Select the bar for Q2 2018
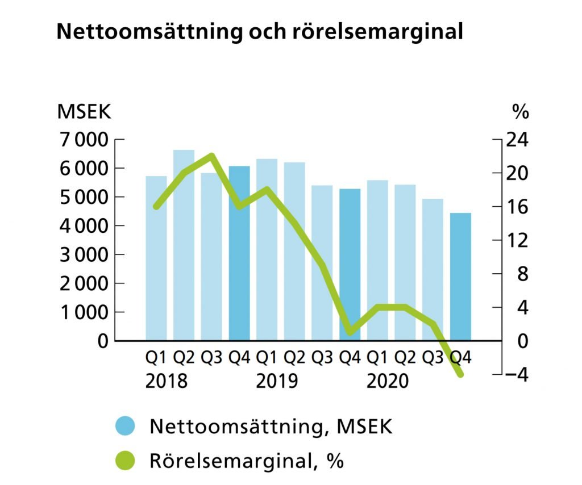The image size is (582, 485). coord(184,244)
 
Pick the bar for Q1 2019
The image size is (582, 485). coord(267,250)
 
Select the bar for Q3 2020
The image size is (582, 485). coord(433,270)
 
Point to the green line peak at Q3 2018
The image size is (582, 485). coord(211,156)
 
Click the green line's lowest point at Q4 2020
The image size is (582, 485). coord(460,374)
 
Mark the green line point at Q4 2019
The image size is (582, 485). coord(350,332)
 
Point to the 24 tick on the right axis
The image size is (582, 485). coord(517,140)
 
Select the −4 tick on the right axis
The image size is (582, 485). coord(516,375)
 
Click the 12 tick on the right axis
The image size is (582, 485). coord(517,241)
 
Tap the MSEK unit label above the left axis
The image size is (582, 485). coord(84,112)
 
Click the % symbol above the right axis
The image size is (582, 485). coord(520,112)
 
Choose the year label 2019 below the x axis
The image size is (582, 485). coord(277,381)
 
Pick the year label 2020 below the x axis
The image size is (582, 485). coord(388,381)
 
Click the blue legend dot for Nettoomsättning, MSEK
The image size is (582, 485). coord(125,426)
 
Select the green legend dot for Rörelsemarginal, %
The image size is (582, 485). coord(125,460)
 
